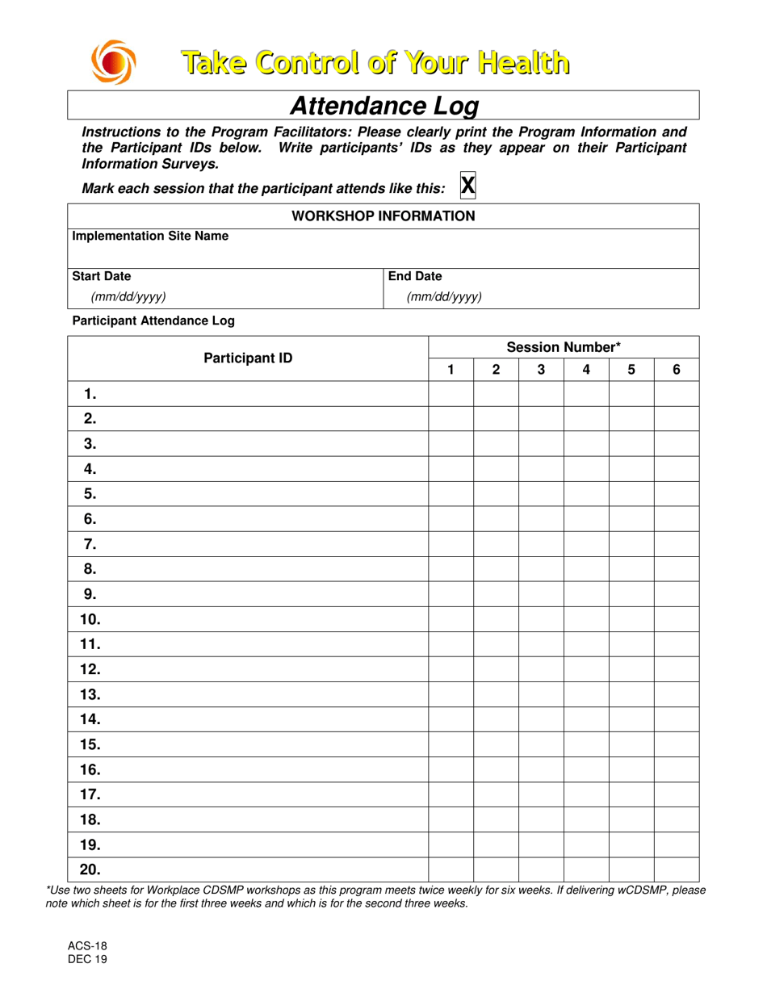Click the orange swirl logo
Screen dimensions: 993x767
tap(111, 62)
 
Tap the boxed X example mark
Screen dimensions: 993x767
tap(467, 185)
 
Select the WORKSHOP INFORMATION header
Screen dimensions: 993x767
tap(383, 216)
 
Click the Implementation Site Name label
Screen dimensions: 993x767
tap(150, 237)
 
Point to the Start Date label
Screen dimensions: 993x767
tap(102, 276)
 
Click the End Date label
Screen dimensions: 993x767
tap(416, 276)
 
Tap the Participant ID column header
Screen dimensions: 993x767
tap(248, 358)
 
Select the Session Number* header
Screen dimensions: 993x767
tap(564, 348)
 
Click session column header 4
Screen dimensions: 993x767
tap(586, 370)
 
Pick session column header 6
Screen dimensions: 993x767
tap(677, 370)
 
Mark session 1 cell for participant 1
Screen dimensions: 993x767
tap(451, 394)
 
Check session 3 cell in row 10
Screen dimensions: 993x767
tap(541, 619)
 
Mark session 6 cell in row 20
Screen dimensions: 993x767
tap(677, 869)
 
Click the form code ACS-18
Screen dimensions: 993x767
tap(84, 946)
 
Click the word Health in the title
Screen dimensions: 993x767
tap(519, 61)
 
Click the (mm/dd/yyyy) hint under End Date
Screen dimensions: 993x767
tap(444, 296)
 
